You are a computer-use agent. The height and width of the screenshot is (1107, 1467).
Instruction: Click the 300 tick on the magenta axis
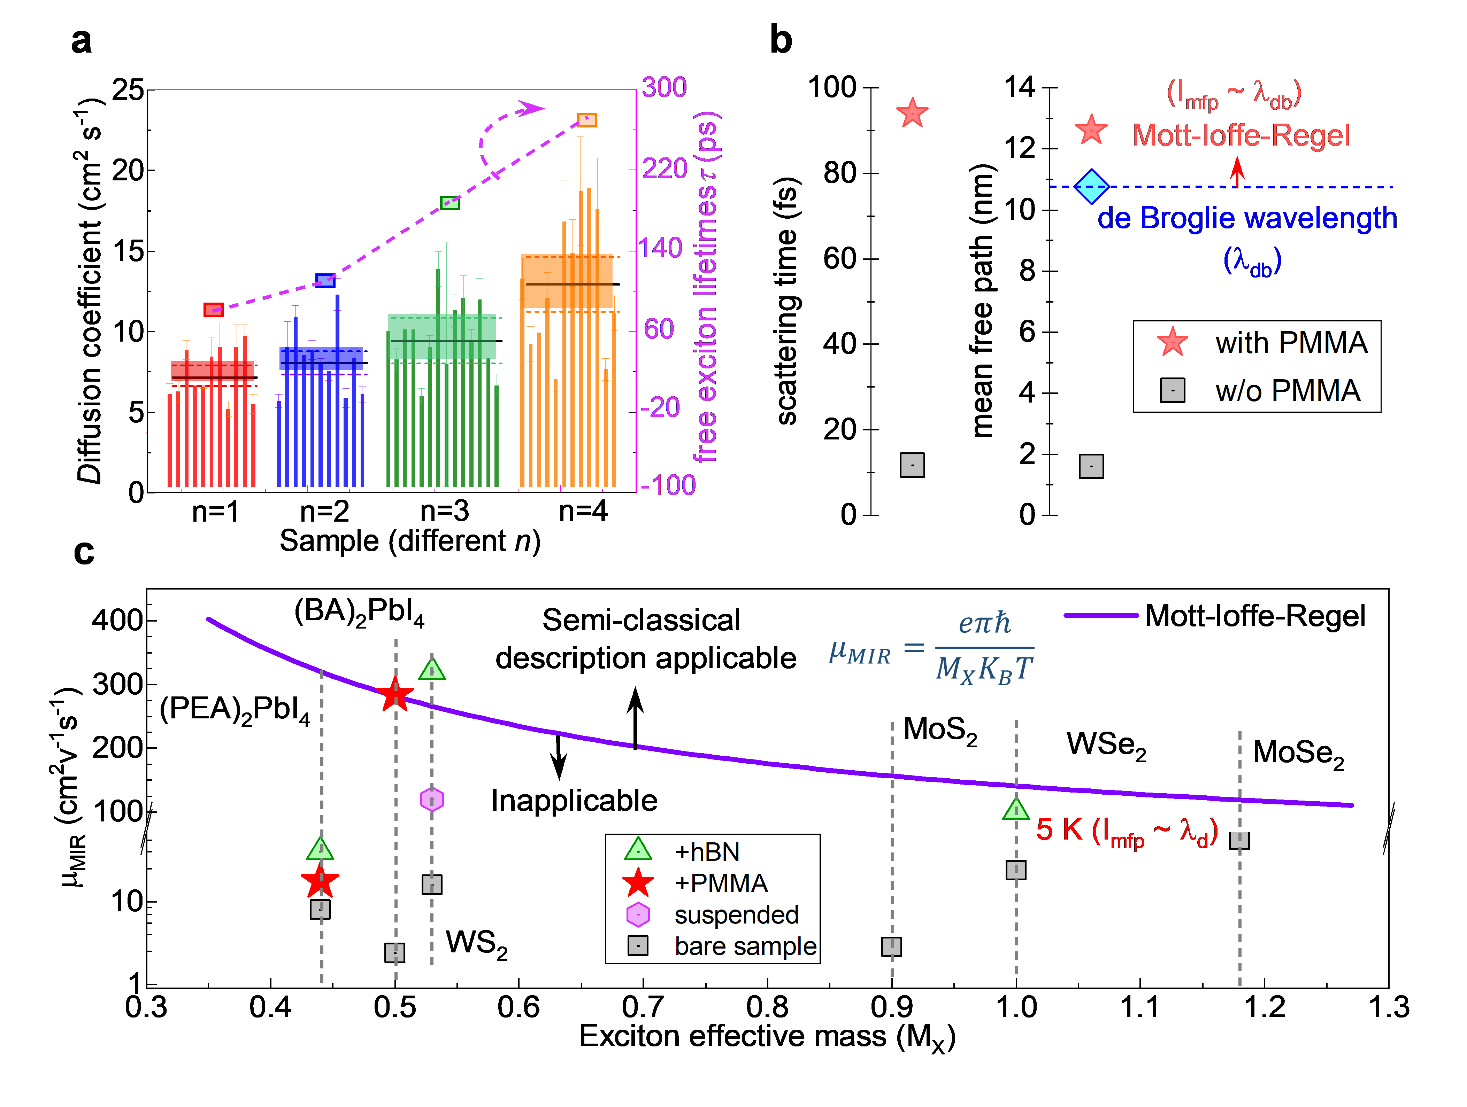664,87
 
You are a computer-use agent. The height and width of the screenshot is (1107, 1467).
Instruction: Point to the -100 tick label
668,485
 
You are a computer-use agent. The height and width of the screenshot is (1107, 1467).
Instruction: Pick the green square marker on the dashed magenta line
450,203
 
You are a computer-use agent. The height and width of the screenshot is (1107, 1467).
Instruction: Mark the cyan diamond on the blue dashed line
1091,187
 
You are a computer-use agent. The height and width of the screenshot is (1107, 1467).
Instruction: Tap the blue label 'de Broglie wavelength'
1247,218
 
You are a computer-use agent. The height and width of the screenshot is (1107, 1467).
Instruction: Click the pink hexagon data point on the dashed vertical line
432,800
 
